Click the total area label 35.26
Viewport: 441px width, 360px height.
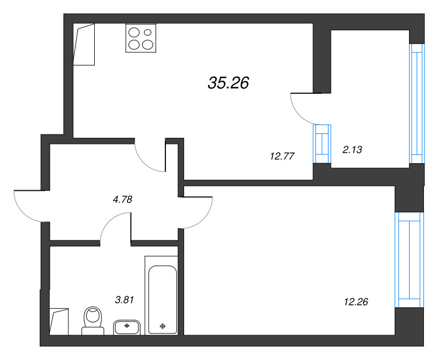tap(229, 83)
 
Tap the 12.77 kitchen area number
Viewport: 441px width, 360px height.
tap(281, 156)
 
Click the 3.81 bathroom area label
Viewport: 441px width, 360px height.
tap(125, 300)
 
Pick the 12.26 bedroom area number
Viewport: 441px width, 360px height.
tap(356, 302)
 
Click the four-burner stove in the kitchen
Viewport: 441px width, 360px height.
tap(141, 38)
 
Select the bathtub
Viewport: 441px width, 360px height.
tap(161, 294)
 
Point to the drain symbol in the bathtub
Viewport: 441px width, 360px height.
tap(162, 326)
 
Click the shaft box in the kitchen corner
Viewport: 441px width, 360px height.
tap(84, 45)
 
